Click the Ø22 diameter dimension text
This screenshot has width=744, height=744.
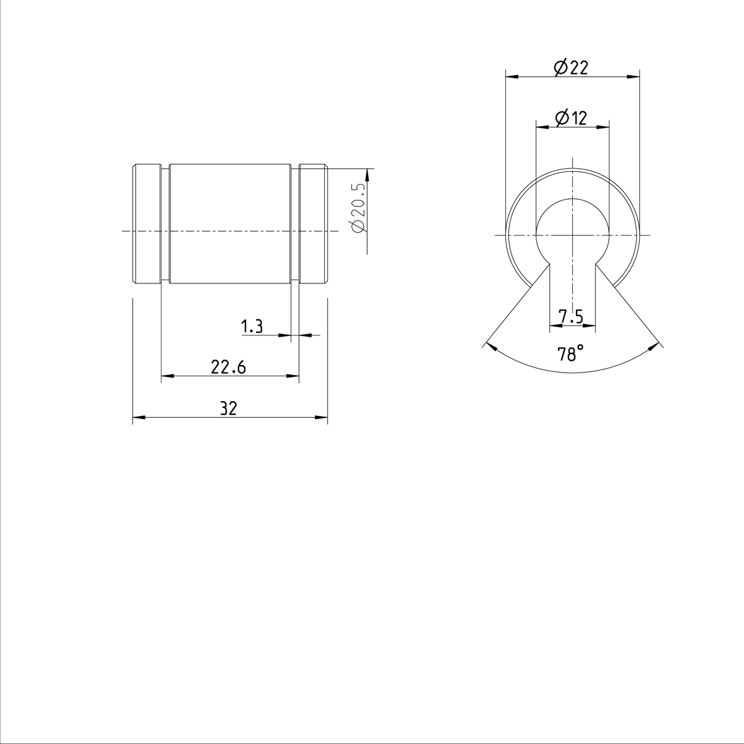[x=571, y=68]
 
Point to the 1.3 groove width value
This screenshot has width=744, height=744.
[x=252, y=327]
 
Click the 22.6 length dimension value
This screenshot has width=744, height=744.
[x=228, y=368]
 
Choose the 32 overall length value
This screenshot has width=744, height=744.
[x=229, y=409]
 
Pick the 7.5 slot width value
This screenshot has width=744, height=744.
[x=570, y=317]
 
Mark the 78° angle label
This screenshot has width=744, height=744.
[x=570, y=355]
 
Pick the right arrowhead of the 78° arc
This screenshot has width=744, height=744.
[x=654, y=346]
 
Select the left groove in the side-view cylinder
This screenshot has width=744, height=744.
[x=166, y=224]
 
